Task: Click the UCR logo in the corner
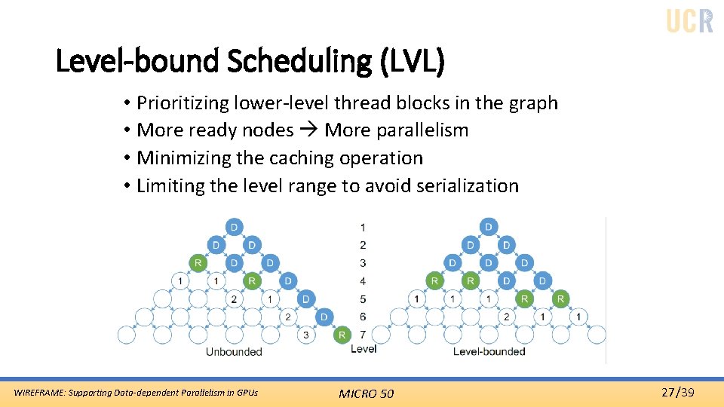[x=689, y=20]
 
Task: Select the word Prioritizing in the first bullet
[x=183, y=103]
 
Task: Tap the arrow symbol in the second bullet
[x=309, y=130]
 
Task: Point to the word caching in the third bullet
[x=299, y=158]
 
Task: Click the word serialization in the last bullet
[x=467, y=186]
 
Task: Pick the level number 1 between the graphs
[x=363, y=227]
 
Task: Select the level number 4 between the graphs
[x=363, y=281]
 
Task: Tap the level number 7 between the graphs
[x=363, y=335]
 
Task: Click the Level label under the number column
[x=364, y=349]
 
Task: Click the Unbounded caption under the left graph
[x=234, y=351]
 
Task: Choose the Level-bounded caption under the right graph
[x=489, y=351]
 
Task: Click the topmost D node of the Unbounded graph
[x=234, y=227]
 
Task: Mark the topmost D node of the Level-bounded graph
[x=489, y=227]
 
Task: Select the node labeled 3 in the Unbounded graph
[x=305, y=335]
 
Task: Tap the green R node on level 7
[x=342, y=335]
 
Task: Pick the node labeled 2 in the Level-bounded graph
[x=506, y=317]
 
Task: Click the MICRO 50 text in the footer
[x=366, y=393]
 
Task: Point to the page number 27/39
[x=678, y=392]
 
